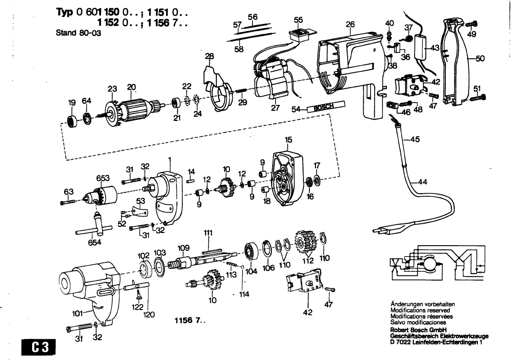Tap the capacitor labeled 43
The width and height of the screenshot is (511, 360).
point(421,46)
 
